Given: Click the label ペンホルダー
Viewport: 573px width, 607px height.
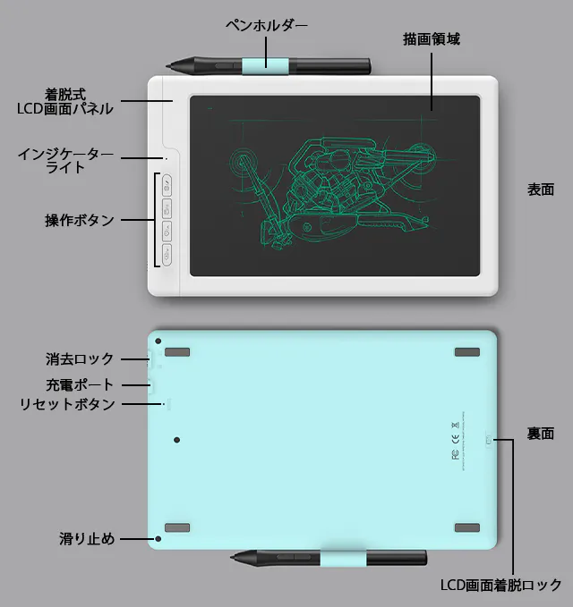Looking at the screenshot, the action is pyautogui.click(x=267, y=26).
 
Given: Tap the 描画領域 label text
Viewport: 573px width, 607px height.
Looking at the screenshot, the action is pyautogui.click(x=432, y=39).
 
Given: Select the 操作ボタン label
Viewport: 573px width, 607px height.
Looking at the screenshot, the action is pyautogui.click(x=80, y=220).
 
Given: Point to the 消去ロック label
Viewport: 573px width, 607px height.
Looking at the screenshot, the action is pyautogui.click(x=80, y=358).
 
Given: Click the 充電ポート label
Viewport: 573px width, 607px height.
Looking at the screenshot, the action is pyautogui.click(x=80, y=384).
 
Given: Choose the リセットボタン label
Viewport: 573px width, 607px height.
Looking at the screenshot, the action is pyautogui.click(x=67, y=404).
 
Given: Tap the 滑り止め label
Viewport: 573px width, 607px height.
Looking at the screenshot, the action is pyautogui.click(x=87, y=538).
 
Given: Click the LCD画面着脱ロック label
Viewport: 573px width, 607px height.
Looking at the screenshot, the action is pyautogui.click(x=500, y=585).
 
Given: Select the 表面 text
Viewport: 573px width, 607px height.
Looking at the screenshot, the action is pyautogui.click(x=541, y=190).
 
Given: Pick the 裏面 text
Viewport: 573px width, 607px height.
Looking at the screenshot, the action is pyautogui.click(x=540, y=434).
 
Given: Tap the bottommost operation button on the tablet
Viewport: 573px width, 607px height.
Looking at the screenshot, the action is pyautogui.click(x=167, y=255).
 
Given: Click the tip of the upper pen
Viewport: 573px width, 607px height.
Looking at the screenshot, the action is pyautogui.click(x=167, y=66).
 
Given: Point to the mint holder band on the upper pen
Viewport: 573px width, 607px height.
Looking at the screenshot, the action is pyautogui.click(x=266, y=66).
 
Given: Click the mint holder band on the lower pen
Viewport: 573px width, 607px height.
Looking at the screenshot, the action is pyautogui.click(x=343, y=558).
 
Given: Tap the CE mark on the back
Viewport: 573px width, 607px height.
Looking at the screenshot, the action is pyautogui.click(x=456, y=439).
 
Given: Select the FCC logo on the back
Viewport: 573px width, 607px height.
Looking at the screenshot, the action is pyautogui.click(x=456, y=454).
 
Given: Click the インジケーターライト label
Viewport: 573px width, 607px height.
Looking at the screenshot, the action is pyautogui.click(x=65, y=161).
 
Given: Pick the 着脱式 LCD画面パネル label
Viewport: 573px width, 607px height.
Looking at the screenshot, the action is pyautogui.click(x=65, y=101).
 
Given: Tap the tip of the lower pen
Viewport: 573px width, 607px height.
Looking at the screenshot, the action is pyautogui.click(x=231, y=558).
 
